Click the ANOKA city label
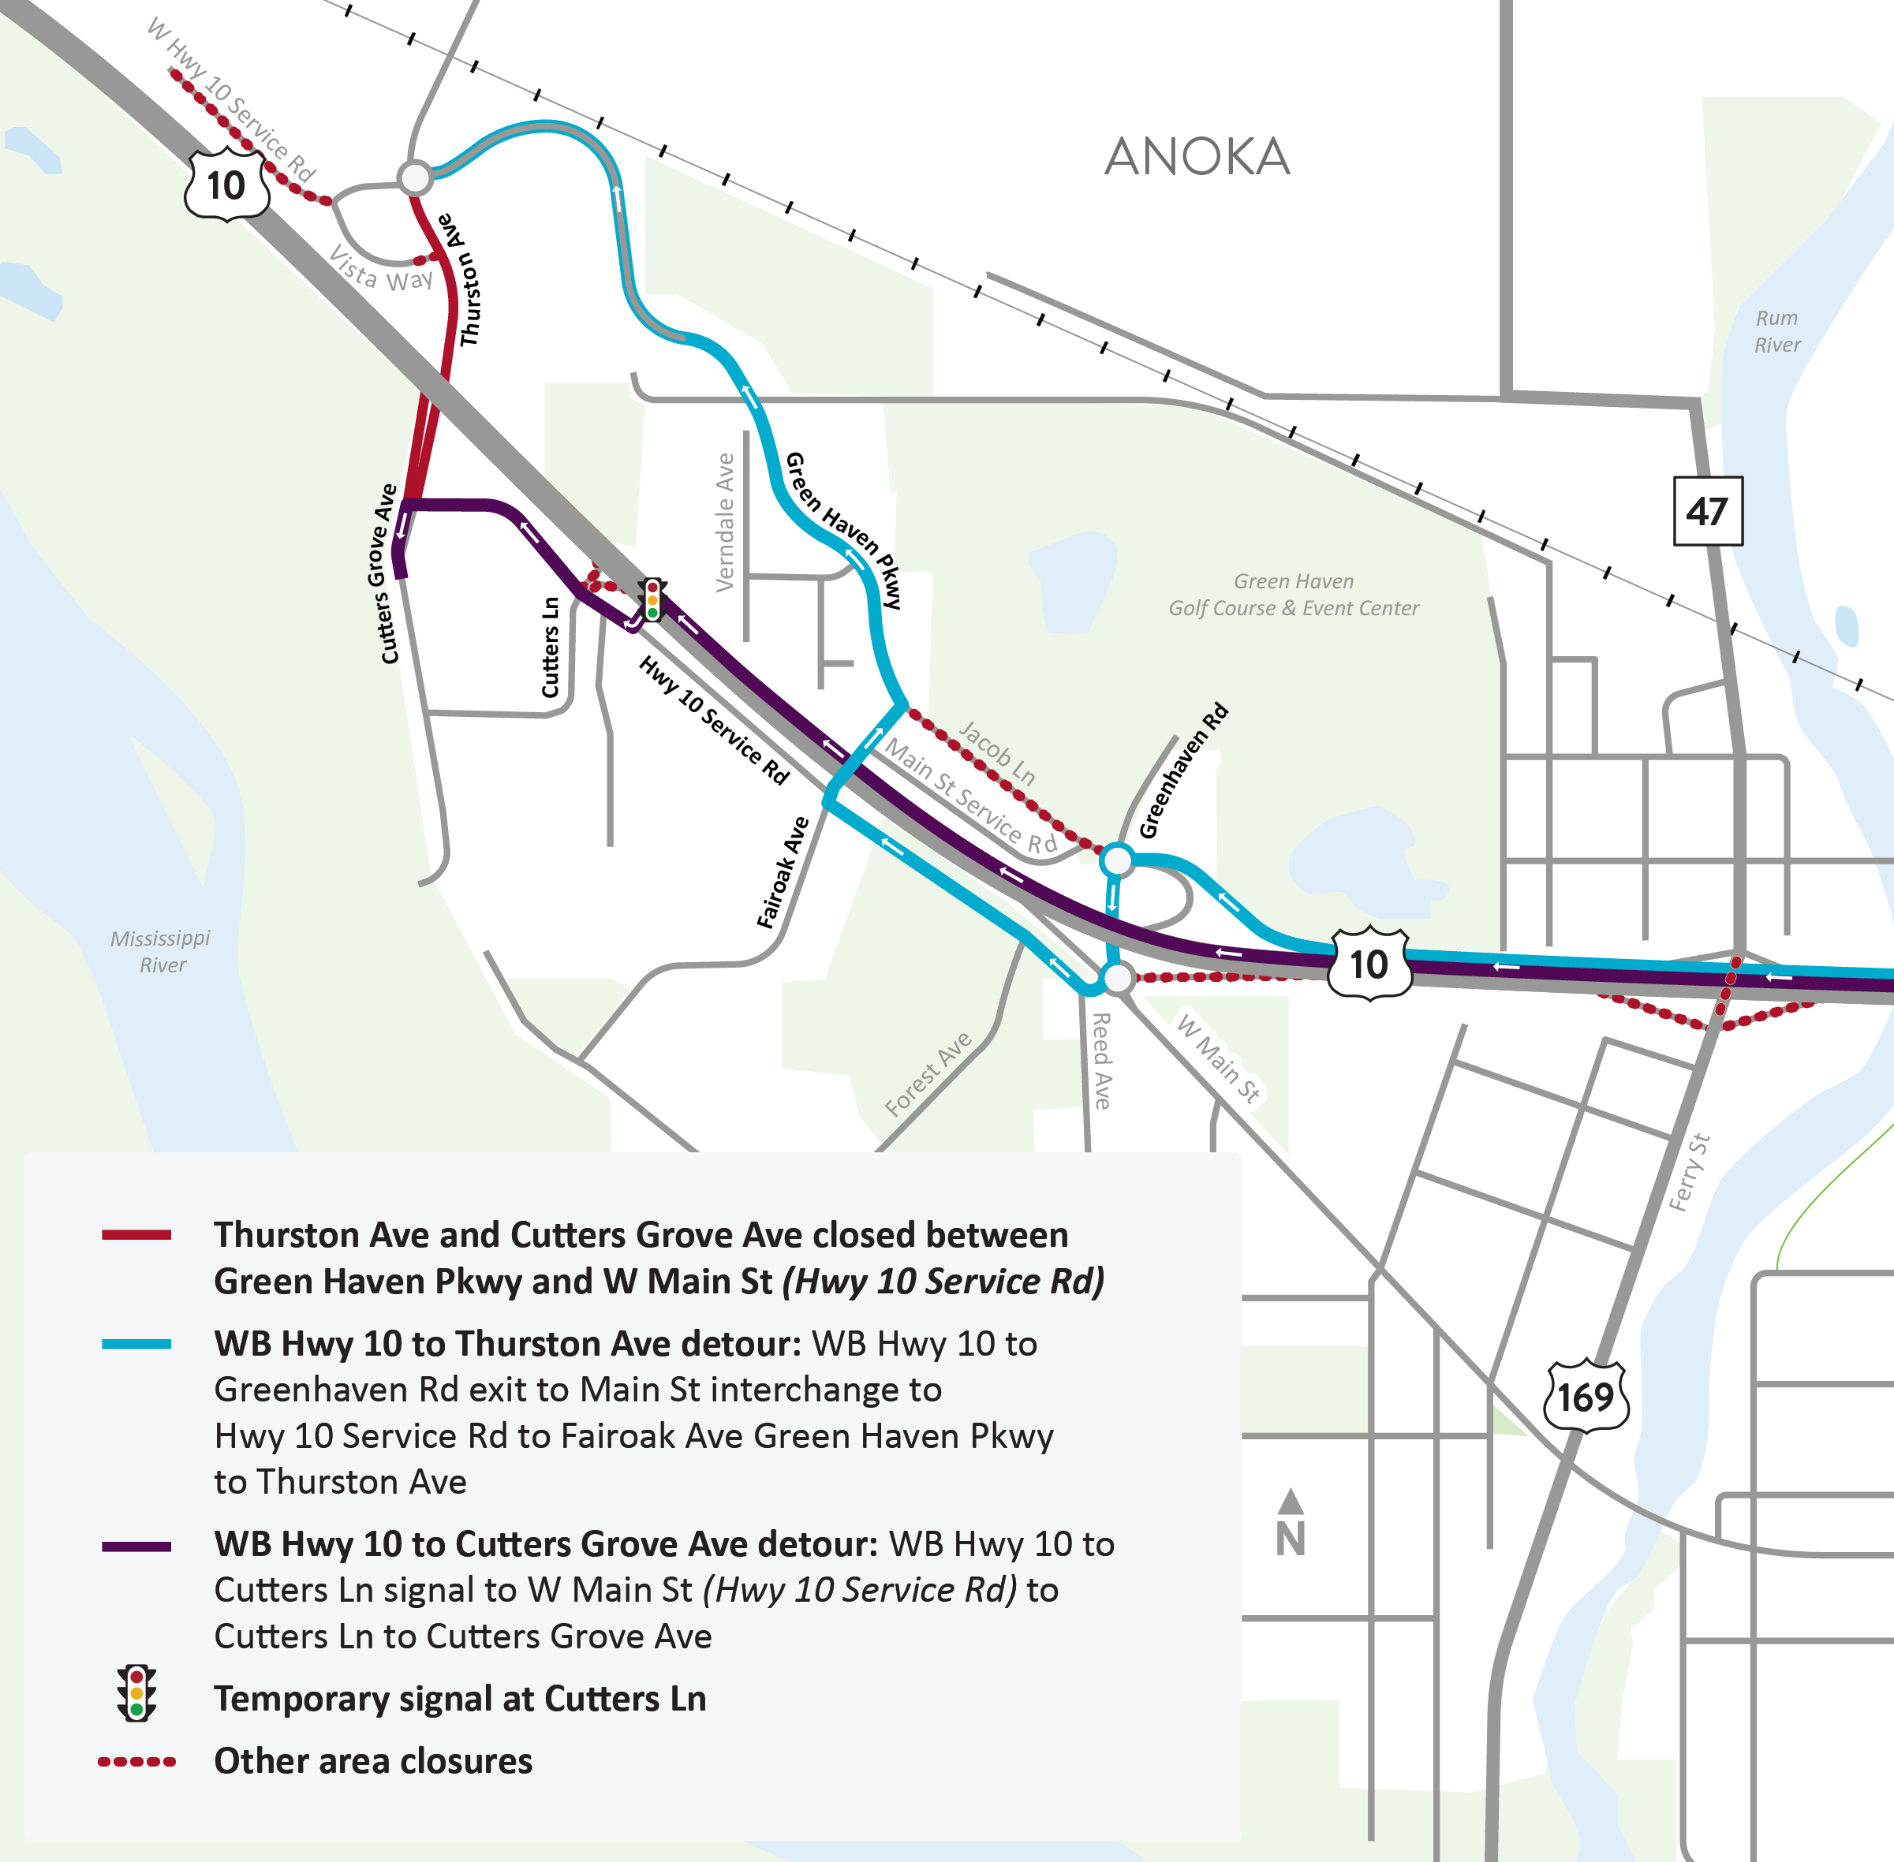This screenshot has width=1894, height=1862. [x=1197, y=156]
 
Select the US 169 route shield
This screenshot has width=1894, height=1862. [x=1586, y=1397]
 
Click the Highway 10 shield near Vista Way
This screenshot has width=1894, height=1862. [x=227, y=184]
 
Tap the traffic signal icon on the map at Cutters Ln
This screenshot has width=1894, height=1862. [x=652, y=599]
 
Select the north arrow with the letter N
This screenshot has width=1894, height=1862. [x=1291, y=1524]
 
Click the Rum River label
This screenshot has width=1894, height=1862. [x=1776, y=330]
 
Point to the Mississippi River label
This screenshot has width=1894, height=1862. [x=160, y=950]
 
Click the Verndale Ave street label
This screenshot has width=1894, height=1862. [x=725, y=522]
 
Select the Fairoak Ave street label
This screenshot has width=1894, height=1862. [x=783, y=872]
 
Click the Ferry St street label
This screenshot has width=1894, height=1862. [x=1690, y=1172]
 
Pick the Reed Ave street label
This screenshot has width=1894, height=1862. [x=1100, y=1061]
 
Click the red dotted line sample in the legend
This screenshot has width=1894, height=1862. [x=137, y=1761]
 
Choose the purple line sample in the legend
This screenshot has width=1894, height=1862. [x=137, y=1546]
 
